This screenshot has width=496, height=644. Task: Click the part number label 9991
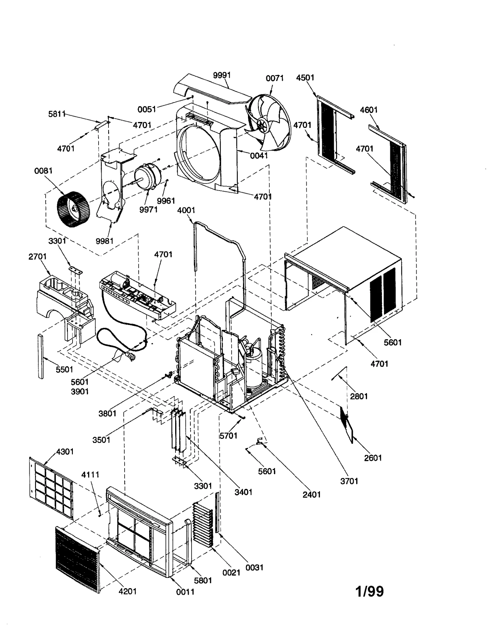click(222, 75)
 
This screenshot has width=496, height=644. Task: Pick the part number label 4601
click(369, 110)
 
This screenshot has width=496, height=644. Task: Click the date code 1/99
click(370, 591)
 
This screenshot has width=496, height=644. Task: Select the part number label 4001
click(186, 210)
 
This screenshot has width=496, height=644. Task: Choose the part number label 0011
click(185, 592)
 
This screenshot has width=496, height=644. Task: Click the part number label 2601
click(373, 457)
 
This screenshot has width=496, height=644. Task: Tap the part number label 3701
click(349, 481)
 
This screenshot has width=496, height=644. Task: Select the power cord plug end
click(131, 356)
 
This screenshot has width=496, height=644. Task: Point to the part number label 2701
click(38, 256)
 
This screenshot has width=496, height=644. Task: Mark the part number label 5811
click(57, 114)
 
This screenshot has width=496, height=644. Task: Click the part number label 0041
click(259, 155)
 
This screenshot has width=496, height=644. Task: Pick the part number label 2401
click(312, 494)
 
